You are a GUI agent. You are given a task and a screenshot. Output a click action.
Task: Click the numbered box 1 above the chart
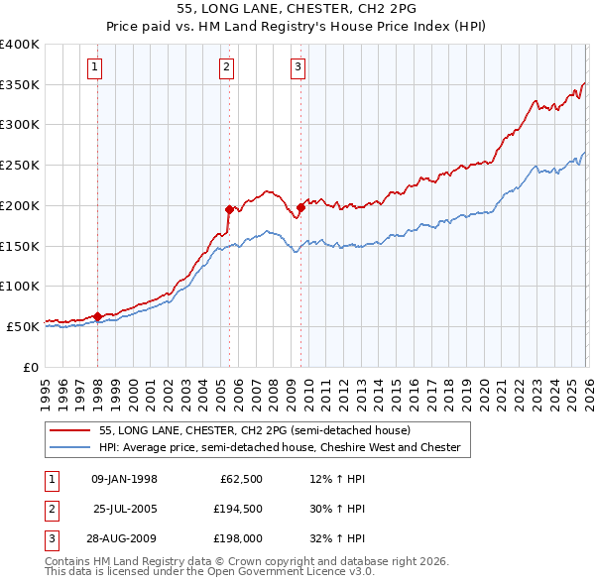click(x=94, y=67)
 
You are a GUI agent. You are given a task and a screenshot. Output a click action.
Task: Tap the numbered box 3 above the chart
click(x=297, y=67)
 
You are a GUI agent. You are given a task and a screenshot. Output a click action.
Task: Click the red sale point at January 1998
click(x=98, y=316)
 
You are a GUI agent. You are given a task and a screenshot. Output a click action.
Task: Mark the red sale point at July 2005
click(x=229, y=209)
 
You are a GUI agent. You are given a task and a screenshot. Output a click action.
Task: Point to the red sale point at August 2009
click(x=301, y=206)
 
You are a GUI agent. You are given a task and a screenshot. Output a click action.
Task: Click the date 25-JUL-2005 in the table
click(x=125, y=509)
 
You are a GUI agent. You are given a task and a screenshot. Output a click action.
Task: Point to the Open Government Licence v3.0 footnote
click(x=209, y=572)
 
